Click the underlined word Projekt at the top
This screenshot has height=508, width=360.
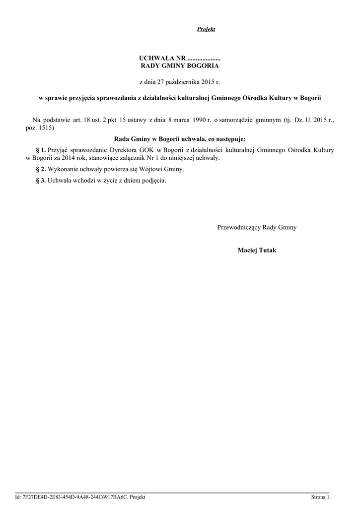(206, 30)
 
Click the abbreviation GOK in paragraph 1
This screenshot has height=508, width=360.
(144, 149)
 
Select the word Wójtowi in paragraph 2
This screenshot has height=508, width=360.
(154, 169)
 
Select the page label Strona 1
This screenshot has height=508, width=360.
(320, 497)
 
